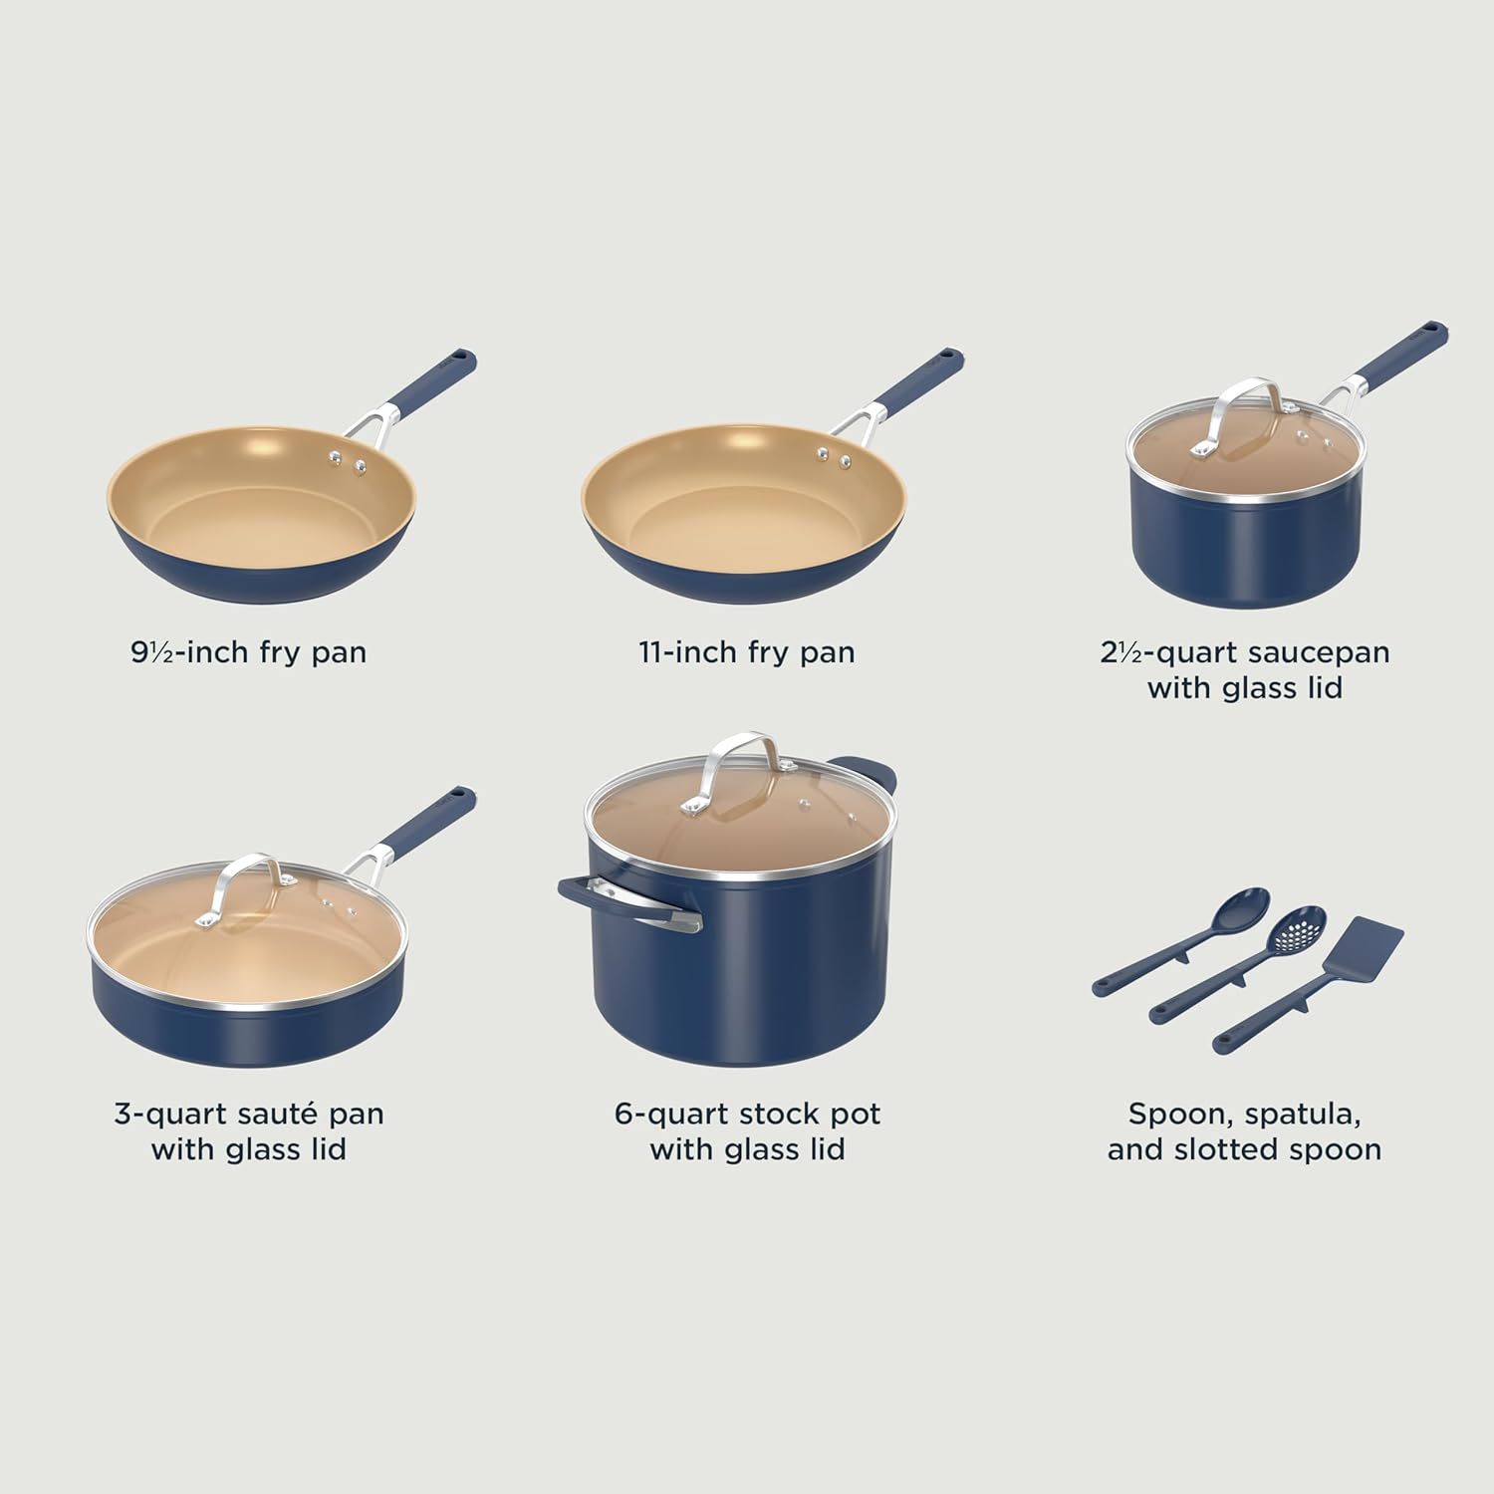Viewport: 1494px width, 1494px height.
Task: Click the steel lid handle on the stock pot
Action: pos(738,767)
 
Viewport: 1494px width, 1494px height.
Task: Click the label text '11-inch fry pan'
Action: pos(747,652)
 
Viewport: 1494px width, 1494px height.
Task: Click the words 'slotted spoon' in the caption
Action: pos(1278,1149)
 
